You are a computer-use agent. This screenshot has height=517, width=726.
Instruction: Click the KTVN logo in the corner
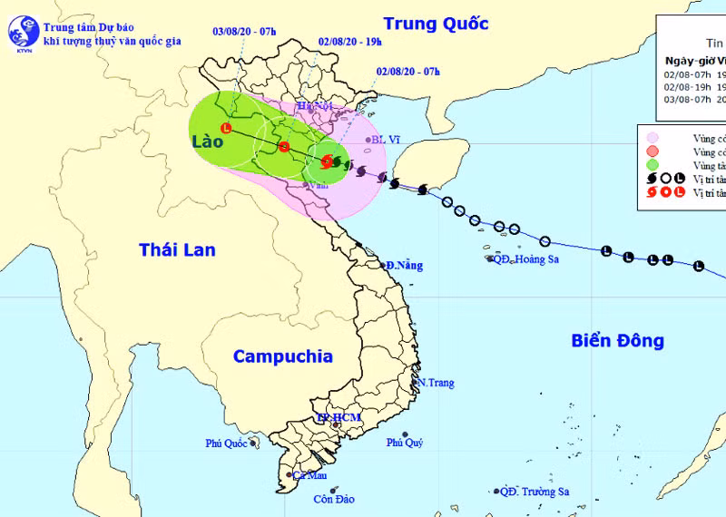click(x=21, y=34)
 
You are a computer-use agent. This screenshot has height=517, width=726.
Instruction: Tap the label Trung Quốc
click(x=436, y=24)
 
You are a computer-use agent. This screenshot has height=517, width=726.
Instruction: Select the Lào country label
click(x=207, y=142)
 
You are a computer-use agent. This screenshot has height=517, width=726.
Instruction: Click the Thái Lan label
click(x=177, y=249)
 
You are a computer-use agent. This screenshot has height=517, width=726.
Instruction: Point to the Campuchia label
click(x=283, y=356)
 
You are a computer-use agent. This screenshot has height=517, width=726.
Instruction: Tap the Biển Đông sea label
click(x=618, y=341)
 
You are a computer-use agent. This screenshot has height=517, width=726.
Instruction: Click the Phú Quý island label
click(x=405, y=444)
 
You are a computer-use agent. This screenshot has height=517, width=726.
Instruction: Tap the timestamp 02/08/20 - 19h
click(x=349, y=41)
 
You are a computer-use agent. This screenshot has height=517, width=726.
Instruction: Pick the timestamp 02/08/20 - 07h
click(x=405, y=73)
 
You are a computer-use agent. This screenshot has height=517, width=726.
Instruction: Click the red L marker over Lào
click(x=226, y=129)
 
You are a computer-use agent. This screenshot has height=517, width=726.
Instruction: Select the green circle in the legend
click(x=652, y=165)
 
